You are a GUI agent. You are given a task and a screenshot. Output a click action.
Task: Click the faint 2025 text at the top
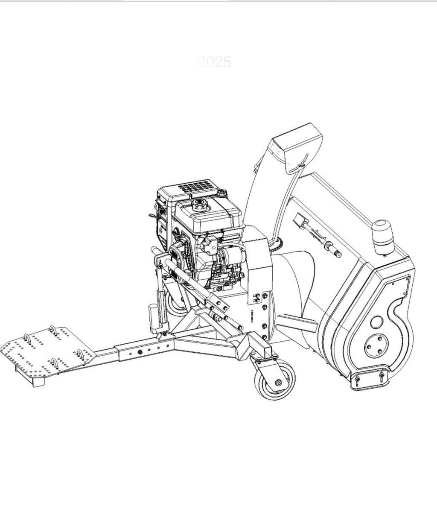(x=214, y=62)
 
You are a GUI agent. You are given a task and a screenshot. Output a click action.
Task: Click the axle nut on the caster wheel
(x=278, y=382)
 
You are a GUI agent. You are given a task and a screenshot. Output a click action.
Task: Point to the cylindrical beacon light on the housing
(x=382, y=237)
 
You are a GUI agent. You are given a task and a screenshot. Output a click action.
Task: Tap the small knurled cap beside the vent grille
(x=222, y=193)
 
